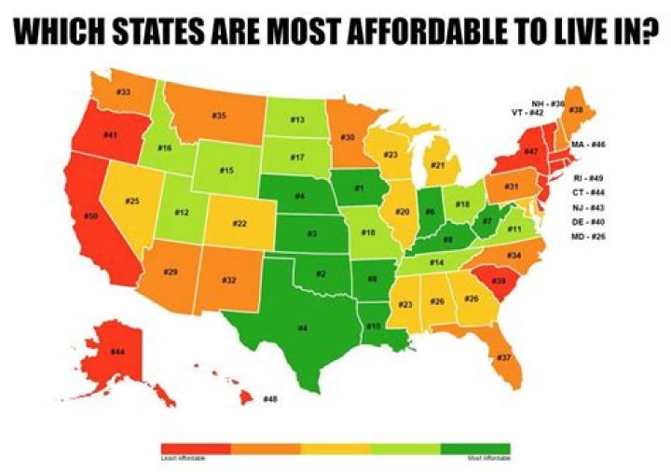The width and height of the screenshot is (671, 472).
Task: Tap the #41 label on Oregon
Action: (110, 136)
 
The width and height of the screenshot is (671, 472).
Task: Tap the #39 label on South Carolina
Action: (500, 281)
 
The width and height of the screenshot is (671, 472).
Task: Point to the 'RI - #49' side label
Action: (589, 176)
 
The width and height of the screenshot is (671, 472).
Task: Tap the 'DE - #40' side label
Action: (589, 223)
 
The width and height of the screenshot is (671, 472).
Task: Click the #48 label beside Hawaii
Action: (271, 398)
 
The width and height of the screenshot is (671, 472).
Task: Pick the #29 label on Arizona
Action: (171, 271)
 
